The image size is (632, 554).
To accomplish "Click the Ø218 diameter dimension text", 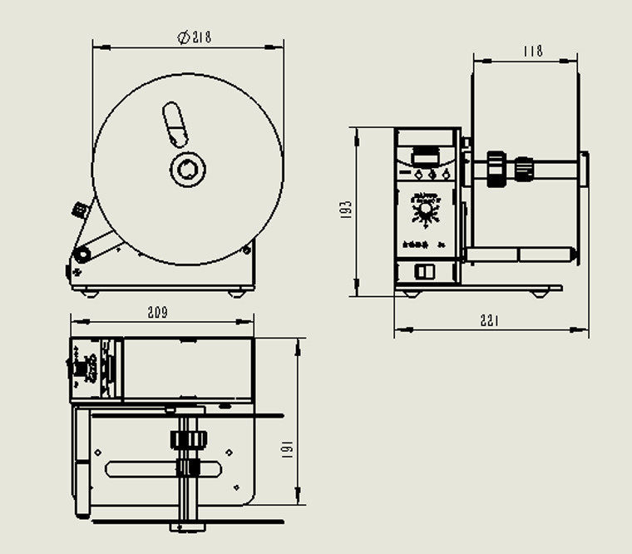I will pos(194,37).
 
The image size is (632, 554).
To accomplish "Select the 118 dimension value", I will pos(533,51).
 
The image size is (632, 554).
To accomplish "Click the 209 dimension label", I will pos(157,313).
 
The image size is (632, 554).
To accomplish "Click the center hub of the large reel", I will pos(188,170).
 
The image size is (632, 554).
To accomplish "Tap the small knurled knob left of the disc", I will pos(80,210).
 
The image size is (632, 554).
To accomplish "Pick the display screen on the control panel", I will pos(426,156).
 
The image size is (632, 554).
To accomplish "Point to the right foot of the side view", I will pos(540,293).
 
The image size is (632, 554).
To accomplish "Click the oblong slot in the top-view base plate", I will pos(166,470).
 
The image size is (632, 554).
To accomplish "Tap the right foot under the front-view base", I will pos(236,291).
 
